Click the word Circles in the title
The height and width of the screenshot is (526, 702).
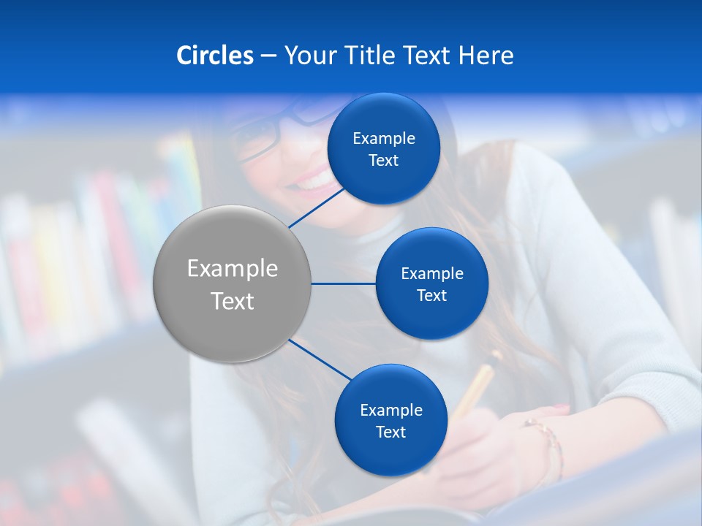pos(214,56)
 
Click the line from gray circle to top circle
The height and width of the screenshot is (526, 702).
pos(317,207)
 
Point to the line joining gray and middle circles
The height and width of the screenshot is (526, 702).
pos(344,283)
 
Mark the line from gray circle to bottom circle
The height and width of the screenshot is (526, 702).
pos(320,358)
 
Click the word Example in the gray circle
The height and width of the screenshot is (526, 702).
pos(233,269)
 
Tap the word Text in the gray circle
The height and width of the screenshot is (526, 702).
pos(233,301)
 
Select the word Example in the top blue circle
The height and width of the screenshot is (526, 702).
pos(384,138)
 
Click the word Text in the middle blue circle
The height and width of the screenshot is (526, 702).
pos(431,295)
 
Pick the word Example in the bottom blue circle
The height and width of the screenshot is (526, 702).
pos(391,410)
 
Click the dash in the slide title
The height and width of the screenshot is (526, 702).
pos(268,56)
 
